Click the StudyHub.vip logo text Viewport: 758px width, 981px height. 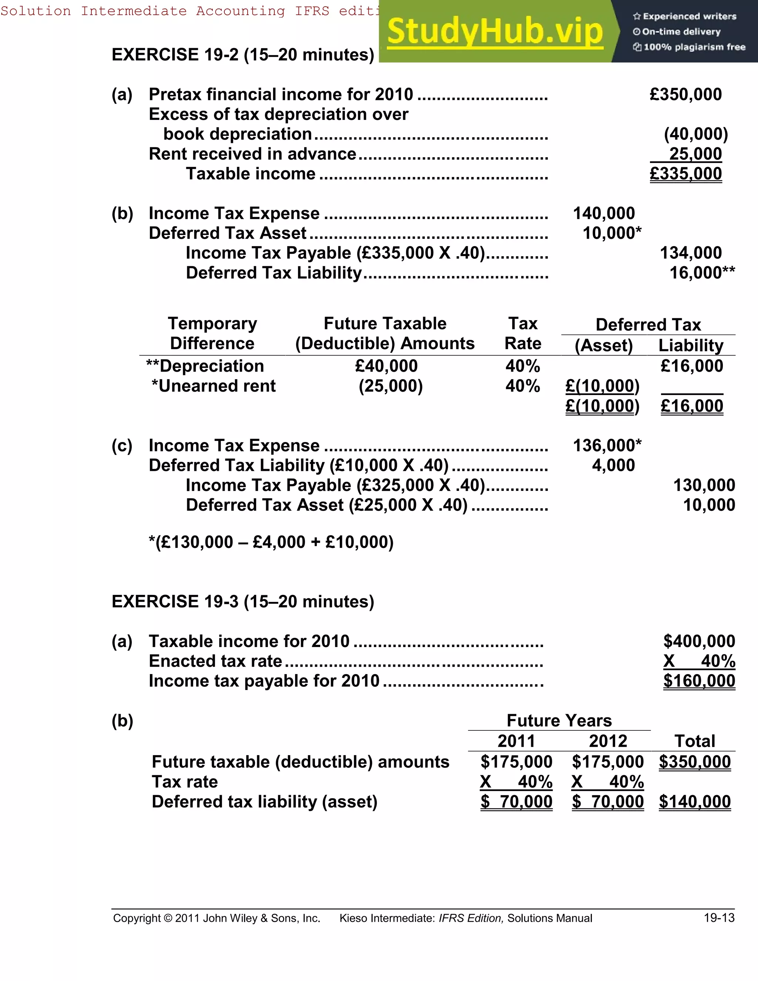click(x=494, y=31)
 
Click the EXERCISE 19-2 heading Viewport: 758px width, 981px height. click(x=242, y=55)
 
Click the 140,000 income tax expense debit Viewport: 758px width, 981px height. click(x=604, y=213)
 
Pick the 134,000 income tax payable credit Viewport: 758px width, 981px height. click(x=691, y=253)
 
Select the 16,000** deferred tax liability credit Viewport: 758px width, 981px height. click(x=702, y=273)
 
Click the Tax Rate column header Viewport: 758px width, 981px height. click(x=523, y=333)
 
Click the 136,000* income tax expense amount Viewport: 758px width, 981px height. click(x=607, y=446)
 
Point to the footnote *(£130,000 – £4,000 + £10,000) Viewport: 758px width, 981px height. click(x=271, y=542)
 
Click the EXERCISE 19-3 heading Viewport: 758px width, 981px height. click(x=242, y=602)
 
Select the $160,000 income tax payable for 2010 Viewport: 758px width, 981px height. click(x=699, y=681)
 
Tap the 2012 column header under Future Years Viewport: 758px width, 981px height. click(x=608, y=741)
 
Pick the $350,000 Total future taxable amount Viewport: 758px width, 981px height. click(x=694, y=762)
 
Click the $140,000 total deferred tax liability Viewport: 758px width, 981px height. click(x=694, y=802)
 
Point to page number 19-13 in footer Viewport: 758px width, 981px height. click(x=719, y=918)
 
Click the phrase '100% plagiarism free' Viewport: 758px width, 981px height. click(x=694, y=47)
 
